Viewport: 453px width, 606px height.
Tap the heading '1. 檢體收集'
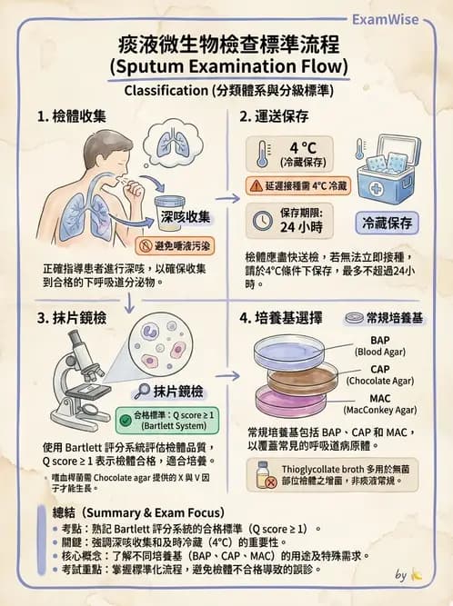point(73,117)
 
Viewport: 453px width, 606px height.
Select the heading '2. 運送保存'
point(277,117)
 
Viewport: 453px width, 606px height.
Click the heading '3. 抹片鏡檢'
point(73,319)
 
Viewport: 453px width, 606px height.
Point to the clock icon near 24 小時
point(261,218)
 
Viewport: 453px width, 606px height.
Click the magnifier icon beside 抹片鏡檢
point(142,392)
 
